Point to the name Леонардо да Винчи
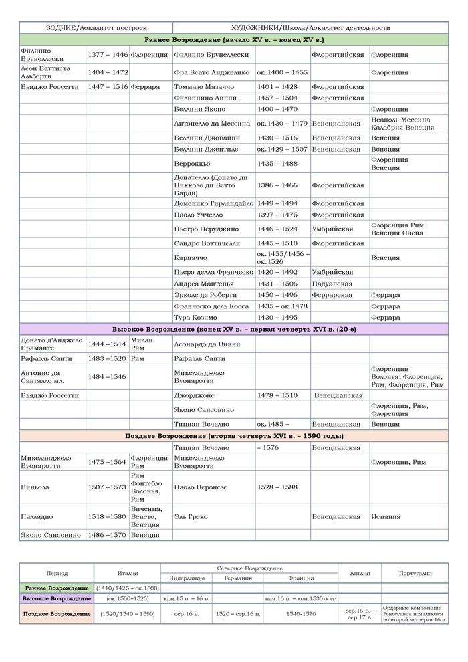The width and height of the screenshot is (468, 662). [203, 344]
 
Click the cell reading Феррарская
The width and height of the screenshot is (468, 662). [332, 295]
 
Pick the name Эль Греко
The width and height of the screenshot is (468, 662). [190, 517]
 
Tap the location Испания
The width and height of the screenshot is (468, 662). [386, 517]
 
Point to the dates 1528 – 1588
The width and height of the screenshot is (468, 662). [277, 487]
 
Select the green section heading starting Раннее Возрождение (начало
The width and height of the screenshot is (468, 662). [234, 40]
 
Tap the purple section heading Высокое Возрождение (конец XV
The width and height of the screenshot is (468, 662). [234, 329]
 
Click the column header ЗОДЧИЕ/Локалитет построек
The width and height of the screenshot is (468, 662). [96, 28]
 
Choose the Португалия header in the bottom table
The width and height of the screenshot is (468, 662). [414, 573]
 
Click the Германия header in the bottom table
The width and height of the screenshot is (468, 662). [238, 578]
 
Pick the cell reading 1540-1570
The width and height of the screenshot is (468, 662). [301, 613]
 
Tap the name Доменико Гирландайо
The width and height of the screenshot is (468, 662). [213, 203]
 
